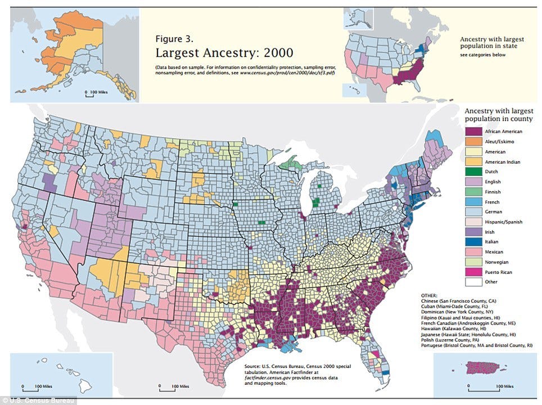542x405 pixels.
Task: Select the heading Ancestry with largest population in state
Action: pos(493,43)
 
